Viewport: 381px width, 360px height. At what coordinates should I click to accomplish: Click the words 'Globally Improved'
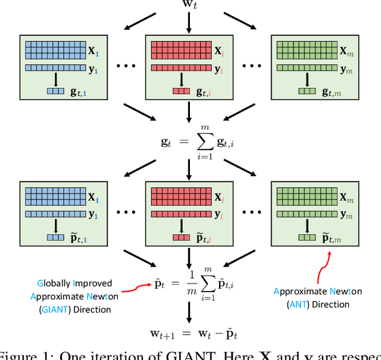coord(74,283)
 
